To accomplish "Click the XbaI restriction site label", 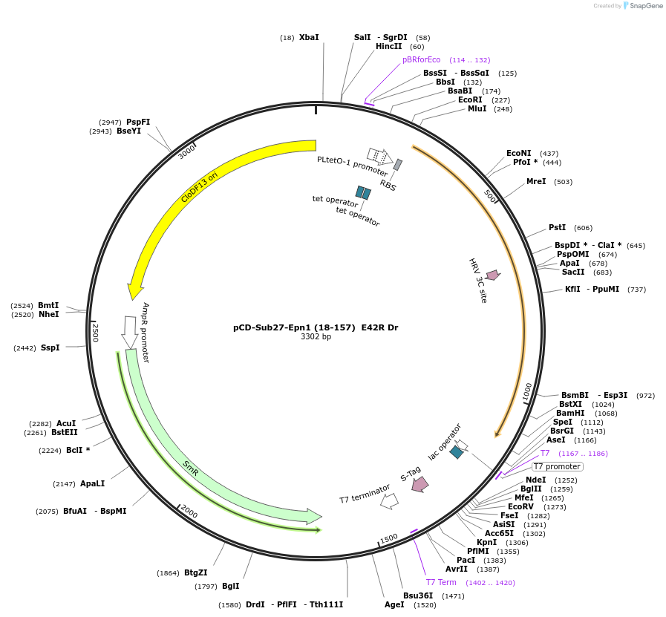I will coord(309,37).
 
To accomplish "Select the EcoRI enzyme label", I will coord(470,99).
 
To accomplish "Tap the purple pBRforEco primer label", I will coord(421,59).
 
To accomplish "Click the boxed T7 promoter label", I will coord(558,466).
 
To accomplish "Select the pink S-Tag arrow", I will coord(420,484).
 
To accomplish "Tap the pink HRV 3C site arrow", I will coord(492,275).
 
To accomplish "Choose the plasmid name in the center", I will coord(316,327).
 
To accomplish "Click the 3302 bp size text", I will coord(316,336).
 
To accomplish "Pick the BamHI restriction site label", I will coord(570,413).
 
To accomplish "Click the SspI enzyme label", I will coord(71,347).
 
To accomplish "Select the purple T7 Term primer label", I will coord(441,582).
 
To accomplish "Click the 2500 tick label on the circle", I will coord(95,333).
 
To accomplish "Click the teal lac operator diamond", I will coord(457,451).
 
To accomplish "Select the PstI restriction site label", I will coord(557,227).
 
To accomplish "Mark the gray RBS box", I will coord(398,165).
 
